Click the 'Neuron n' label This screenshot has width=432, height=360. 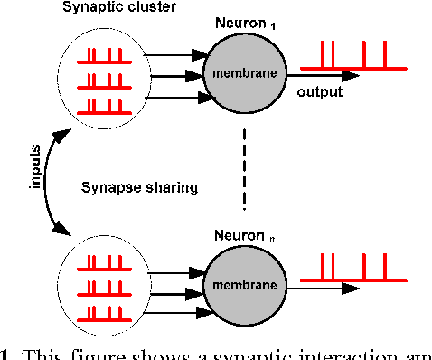[242, 236]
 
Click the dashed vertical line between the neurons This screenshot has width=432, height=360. [244, 167]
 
